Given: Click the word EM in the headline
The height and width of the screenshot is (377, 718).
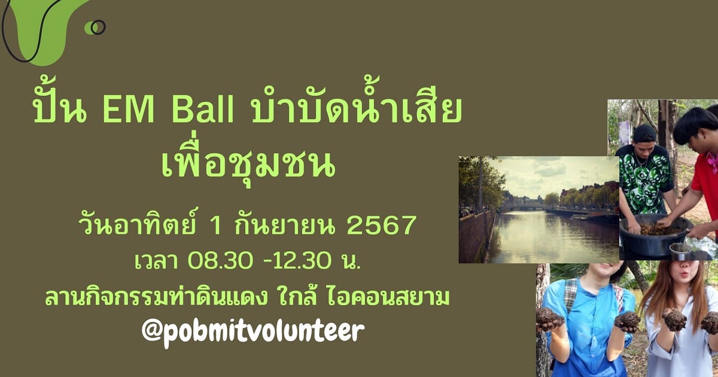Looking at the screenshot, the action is coord(129,111).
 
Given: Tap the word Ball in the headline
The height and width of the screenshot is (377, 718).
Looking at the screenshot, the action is coord(203,111).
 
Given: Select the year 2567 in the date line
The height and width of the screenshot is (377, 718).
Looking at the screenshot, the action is coord(382,225).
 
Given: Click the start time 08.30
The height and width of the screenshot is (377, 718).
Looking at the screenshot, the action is coord(220,261).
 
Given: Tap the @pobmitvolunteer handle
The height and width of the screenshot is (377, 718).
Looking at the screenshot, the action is coord(253,331).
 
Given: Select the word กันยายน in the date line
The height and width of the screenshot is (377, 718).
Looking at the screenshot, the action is coord(285,225).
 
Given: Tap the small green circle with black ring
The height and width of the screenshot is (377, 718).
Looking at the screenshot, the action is coord(95,28).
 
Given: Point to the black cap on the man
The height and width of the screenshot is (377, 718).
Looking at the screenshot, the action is coord(644,133).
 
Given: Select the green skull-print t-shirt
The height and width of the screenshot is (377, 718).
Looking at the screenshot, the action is coord(644,178).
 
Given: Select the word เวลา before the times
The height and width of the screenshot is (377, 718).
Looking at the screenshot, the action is coord(156,262).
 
